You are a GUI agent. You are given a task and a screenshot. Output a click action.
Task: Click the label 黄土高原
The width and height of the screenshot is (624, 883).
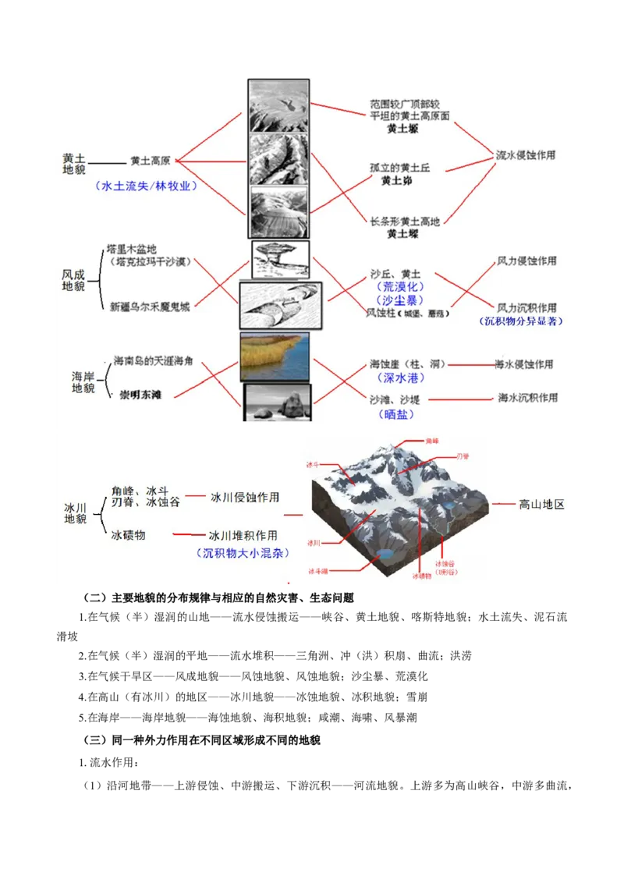tap(151, 161)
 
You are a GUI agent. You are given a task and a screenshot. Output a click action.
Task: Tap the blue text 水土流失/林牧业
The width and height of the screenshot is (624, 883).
tap(146, 186)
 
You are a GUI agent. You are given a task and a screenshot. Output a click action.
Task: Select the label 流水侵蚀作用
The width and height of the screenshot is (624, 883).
tap(526, 155)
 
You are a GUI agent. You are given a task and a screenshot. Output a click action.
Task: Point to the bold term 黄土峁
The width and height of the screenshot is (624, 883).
tap(396, 181)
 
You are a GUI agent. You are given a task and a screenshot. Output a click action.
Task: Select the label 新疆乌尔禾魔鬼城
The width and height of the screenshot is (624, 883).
tap(149, 306)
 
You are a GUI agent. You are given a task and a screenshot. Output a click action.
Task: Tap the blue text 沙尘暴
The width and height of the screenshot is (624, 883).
tap(399, 300)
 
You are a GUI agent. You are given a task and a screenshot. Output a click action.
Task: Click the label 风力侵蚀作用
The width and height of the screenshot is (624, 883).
tap(527, 261)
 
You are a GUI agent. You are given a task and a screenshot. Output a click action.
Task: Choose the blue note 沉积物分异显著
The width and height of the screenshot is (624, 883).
tap(521, 321)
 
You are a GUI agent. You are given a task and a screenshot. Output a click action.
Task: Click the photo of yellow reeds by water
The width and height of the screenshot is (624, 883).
tap(275, 356)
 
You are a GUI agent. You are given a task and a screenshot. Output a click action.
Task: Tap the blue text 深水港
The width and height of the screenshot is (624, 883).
tap(399, 378)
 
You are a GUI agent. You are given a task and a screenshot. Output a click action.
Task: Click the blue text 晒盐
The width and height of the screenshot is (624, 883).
tap(399, 415)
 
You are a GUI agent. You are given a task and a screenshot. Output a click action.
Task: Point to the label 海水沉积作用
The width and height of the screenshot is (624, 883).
tap(528, 398)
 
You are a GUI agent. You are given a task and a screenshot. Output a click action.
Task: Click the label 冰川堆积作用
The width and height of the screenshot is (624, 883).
tap(243, 536)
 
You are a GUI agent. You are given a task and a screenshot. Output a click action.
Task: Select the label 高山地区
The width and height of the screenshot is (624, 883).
tap(541, 505)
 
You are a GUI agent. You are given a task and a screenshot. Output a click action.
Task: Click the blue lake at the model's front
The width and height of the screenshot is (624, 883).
tap(384, 555)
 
